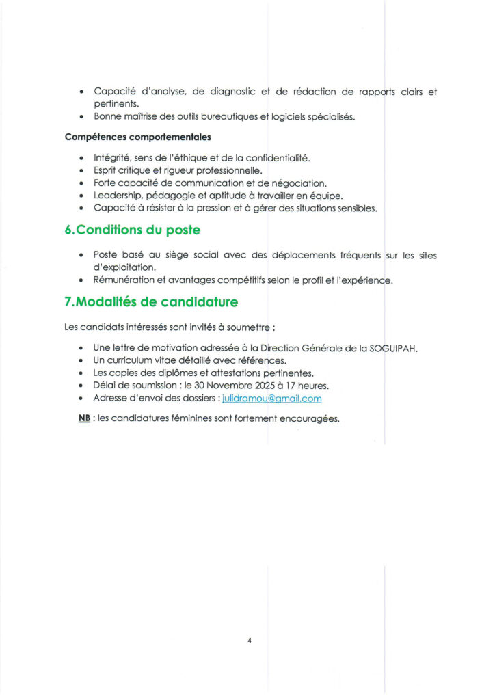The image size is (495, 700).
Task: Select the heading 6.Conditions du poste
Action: pos(132,230)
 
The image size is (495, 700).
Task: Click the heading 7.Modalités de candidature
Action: pos(151,302)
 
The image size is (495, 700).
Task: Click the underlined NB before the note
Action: pos(84,418)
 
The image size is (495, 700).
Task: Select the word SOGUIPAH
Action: pos(393,347)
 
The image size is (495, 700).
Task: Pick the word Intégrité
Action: pos(112,158)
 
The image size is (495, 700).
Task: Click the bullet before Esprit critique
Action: pos(81,171)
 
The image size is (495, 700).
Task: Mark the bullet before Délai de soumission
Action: pos(81,386)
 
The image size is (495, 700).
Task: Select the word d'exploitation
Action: pos(125,268)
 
